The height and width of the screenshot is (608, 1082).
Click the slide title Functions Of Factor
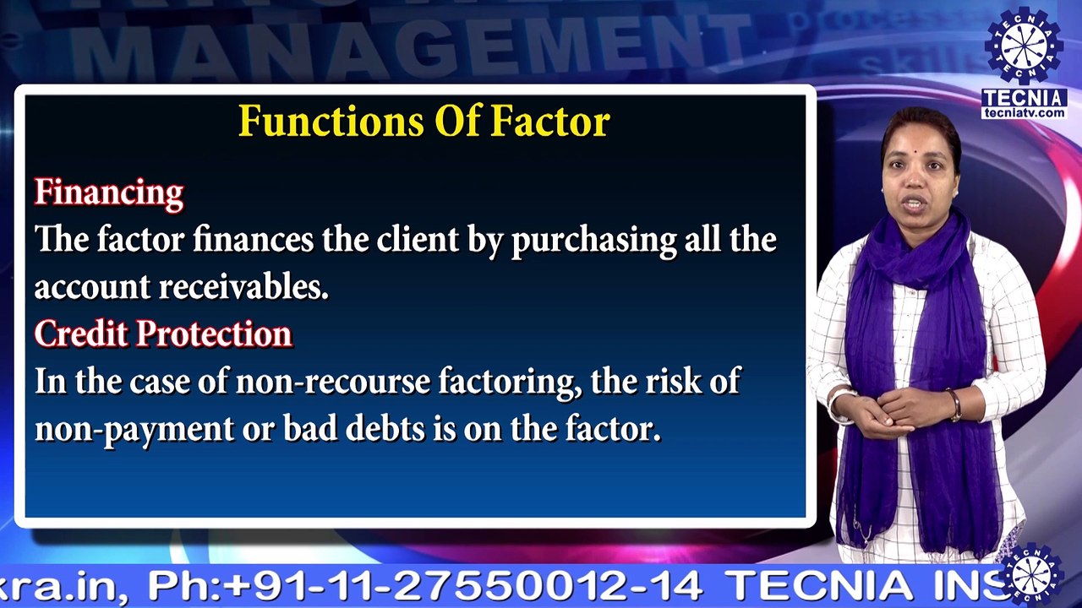point(424,122)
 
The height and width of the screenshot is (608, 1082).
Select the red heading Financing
point(108,193)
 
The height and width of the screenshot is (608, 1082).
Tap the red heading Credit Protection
point(163,334)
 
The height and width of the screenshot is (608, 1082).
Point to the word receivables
point(243,288)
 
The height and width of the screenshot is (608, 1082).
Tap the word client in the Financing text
point(418,241)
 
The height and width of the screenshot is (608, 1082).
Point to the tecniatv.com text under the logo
point(1024,112)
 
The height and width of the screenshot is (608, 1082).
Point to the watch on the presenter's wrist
point(954,404)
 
